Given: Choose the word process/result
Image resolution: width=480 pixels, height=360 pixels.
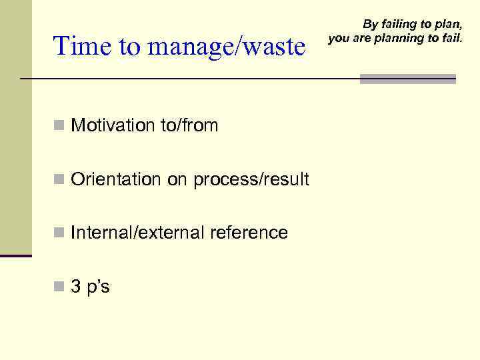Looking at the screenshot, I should coord(251,179).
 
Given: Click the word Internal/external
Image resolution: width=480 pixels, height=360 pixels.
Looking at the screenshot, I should coord(138,233).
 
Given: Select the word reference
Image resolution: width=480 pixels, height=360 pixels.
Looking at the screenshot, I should coord(249,233).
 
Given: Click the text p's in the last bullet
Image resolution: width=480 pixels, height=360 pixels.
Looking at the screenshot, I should coord(99,287).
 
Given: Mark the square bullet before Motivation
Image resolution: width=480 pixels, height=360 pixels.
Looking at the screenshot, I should coord(59,125).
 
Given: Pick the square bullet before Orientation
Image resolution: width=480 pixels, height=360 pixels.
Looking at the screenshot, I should coord(59,179).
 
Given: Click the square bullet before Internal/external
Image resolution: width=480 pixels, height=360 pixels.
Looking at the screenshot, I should coord(59,233).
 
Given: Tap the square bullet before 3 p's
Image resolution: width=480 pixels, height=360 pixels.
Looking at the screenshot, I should coord(59,287).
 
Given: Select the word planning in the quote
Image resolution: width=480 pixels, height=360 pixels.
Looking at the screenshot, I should coord(399,38).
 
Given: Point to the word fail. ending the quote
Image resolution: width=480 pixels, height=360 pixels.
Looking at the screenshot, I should coord(451,38).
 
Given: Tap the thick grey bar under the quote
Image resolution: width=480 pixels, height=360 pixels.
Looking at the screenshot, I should coord(407,79).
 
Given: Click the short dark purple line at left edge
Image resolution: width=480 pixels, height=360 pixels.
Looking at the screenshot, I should coord(15,255).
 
